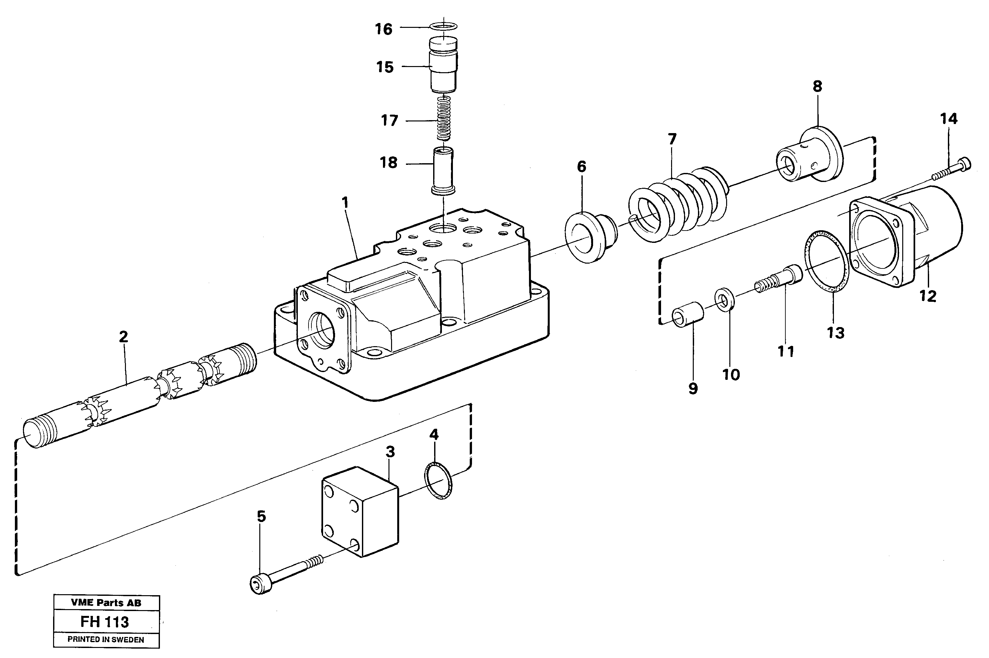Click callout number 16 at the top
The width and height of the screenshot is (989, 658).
pyautogui.click(x=383, y=29)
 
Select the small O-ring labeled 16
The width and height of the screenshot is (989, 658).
pyautogui.click(x=444, y=27)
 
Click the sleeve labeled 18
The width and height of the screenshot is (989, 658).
pyautogui.click(x=443, y=170)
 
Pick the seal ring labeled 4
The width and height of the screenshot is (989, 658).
pyautogui.click(x=439, y=481)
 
